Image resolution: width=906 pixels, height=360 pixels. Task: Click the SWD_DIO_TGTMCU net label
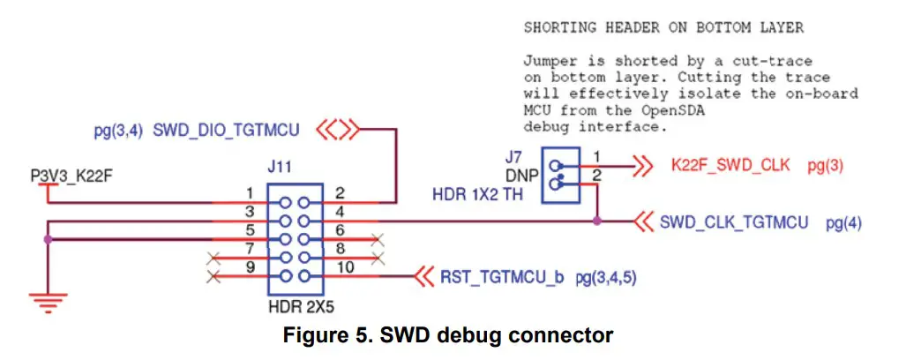pos(227,131)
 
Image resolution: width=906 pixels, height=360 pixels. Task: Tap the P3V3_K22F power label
pos(71,175)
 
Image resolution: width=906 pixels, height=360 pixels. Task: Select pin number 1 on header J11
pos(251,192)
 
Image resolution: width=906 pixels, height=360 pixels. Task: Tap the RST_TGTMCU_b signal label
pos(501,277)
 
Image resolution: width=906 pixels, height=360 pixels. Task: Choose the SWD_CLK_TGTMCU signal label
pos(734,223)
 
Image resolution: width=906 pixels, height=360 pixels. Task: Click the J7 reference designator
pos(513,157)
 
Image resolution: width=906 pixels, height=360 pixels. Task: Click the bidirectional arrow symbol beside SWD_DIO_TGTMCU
pos(337,131)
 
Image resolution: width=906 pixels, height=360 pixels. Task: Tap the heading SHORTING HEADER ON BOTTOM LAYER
pos(663,27)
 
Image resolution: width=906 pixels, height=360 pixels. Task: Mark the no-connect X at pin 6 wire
pos(378,239)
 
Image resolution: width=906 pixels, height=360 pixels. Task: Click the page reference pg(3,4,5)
pos(606,277)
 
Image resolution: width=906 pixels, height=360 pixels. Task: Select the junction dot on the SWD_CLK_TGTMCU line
pos(598,221)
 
